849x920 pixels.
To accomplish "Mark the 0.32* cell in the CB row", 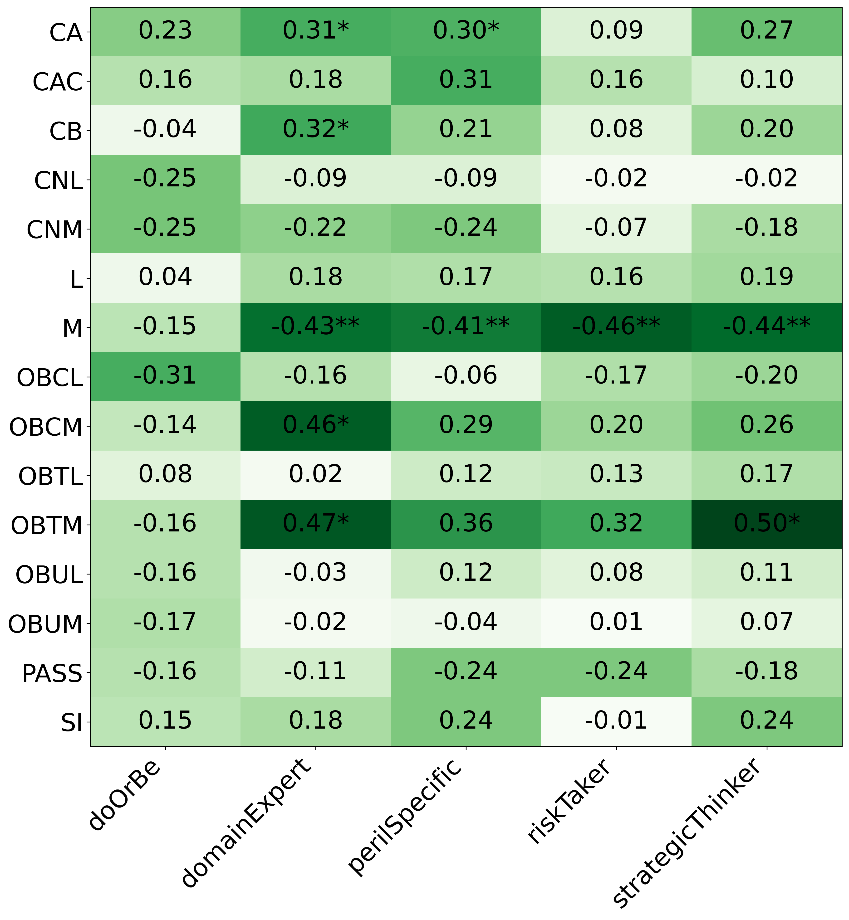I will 316,130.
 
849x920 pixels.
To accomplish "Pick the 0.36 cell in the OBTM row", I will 466,524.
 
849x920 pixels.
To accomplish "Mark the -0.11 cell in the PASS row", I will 316,672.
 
